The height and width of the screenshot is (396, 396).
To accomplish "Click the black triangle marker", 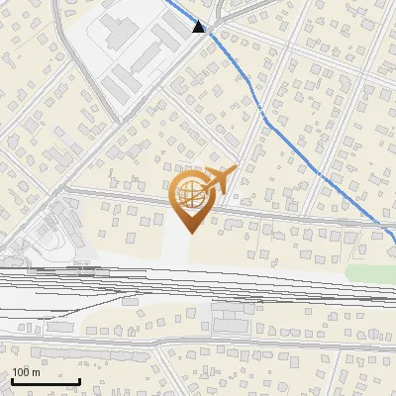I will pyautogui.click(x=199, y=27).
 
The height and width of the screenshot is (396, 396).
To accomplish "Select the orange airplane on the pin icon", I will pyautogui.click(x=219, y=179).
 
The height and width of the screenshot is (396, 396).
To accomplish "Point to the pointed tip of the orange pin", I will pyautogui.click(x=188, y=233).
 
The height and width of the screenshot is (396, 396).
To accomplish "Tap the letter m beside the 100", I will pyautogui.click(x=37, y=372).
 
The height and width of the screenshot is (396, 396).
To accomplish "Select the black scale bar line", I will pyautogui.click(x=46, y=381).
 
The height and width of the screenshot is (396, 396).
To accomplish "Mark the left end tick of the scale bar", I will pyautogui.click(x=12, y=379).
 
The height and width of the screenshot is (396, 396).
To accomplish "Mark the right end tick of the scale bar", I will pyautogui.click(x=79, y=379).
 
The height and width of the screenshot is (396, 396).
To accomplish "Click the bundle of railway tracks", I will pyautogui.click(x=198, y=287).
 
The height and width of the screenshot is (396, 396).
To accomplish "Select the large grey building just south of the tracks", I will pyautogui.click(x=234, y=319).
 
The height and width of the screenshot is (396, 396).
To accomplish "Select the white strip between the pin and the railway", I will pyautogui.click(x=176, y=247).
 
